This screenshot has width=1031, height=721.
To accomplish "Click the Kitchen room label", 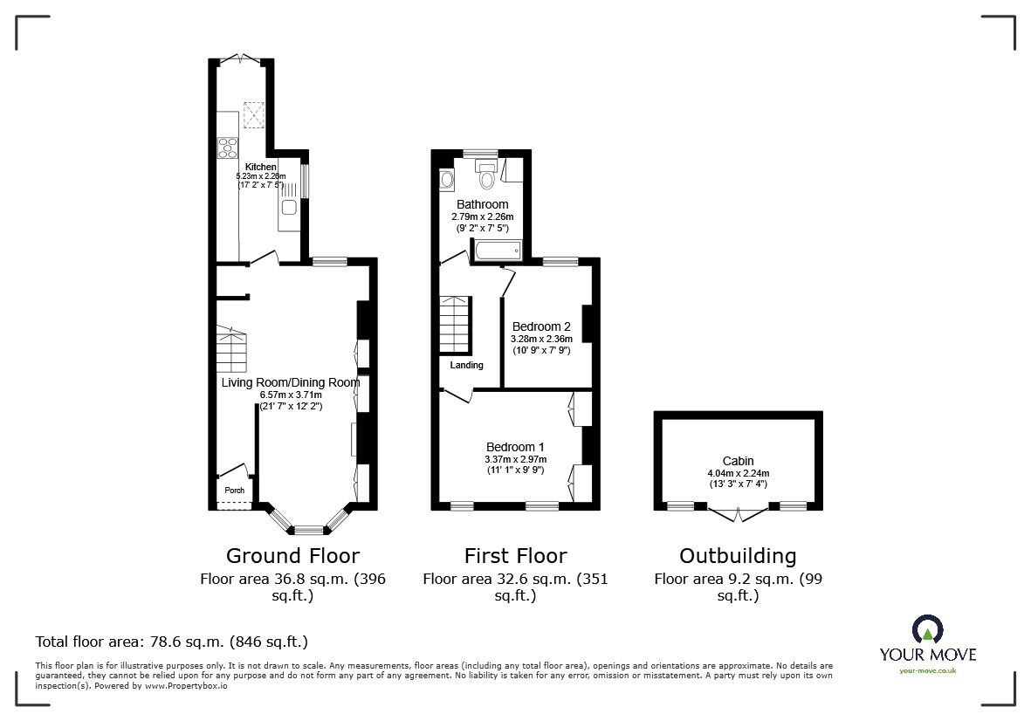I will pos(260,167).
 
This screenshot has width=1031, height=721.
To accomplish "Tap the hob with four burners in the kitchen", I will pos(228,147).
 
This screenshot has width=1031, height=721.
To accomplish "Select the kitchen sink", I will pos(288,208).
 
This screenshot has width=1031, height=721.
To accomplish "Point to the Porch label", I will pos(235,491).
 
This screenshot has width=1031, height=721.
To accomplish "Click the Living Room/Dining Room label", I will pos(290,382).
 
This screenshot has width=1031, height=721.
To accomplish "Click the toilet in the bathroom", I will pos(487,177).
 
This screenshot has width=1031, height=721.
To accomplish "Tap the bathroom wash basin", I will pos(448,181).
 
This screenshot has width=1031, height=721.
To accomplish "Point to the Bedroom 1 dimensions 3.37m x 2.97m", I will pos(515,459).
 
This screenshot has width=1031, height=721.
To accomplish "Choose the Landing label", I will pos(466,365).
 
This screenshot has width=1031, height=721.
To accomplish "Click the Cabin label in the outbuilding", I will pos(738,461).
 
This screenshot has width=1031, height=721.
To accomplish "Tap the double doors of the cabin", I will pos(739,512).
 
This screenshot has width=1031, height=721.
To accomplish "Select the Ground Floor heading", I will pos(292,556).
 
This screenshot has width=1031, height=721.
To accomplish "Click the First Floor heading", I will pos(515,556).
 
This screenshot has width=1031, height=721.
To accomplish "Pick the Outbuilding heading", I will pos(738,556).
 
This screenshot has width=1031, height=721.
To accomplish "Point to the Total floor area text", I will pos(171,642).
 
